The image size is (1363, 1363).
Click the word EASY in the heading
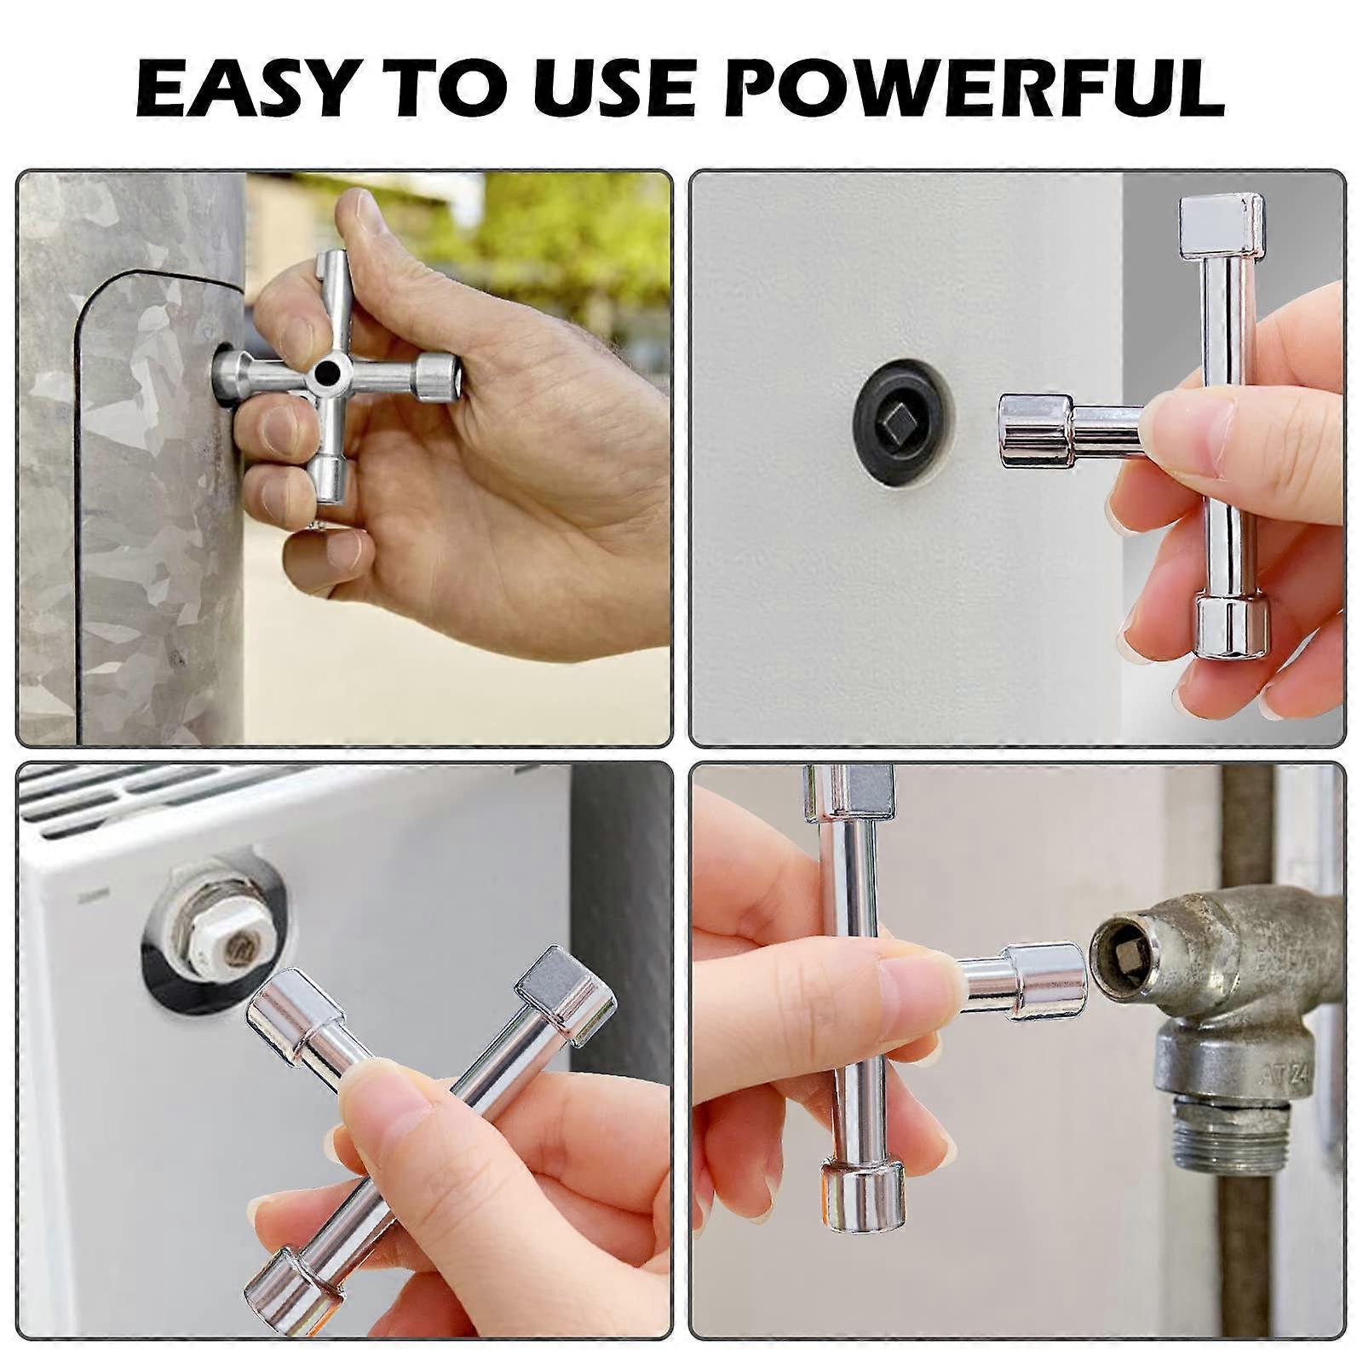pos(244,88)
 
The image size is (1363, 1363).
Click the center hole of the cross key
pos(325,370)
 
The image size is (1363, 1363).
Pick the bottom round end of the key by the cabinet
pos(1228,628)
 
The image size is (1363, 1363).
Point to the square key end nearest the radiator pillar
pos(565,994)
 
